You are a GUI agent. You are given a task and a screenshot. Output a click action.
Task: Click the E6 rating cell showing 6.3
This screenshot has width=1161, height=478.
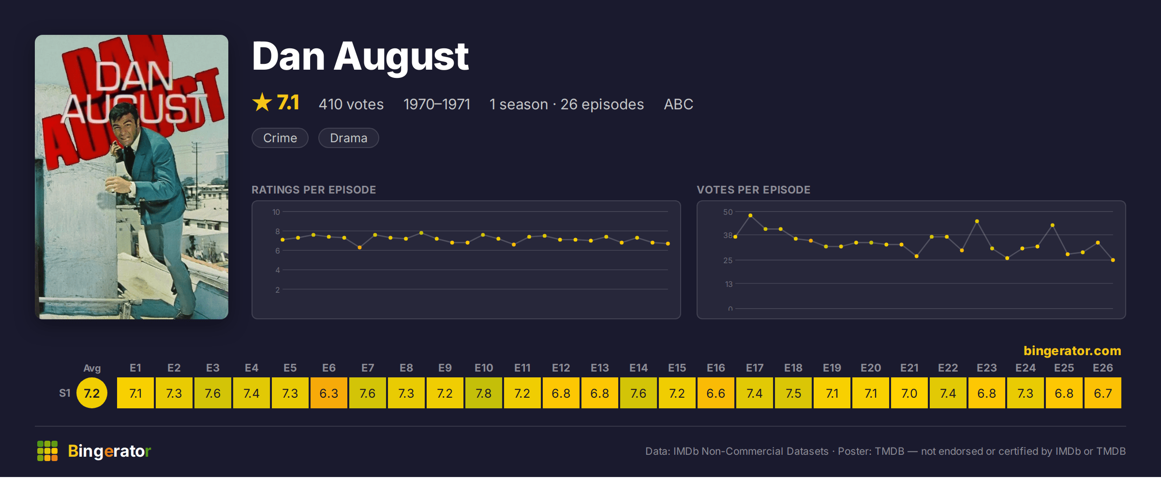pyautogui.click(x=329, y=393)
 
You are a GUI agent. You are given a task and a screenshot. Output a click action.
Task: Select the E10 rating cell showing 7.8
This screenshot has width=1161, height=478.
pyautogui.click(x=484, y=393)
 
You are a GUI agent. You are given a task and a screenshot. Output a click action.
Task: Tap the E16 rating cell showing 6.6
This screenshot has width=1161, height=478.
pyautogui.click(x=716, y=393)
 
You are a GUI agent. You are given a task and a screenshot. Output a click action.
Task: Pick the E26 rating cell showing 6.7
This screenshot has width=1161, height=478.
pyautogui.click(x=1103, y=393)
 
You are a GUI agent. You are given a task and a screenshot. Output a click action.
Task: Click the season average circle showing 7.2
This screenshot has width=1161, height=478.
pyautogui.click(x=92, y=393)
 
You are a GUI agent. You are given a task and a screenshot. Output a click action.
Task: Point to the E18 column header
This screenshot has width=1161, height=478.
pyautogui.click(x=793, y=368)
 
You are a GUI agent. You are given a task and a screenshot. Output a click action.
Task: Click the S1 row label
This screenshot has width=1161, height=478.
pyautogui.click(x=65, y=393)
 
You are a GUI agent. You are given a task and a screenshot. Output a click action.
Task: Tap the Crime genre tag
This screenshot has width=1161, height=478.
pyautogui.click(x=280, y=138)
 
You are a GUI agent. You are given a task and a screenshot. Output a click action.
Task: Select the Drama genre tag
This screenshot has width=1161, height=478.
pyautogui.click(x=349, y=138)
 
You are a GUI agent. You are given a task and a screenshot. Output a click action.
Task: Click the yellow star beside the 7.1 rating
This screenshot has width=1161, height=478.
pyautogui.click(x=262, y=102)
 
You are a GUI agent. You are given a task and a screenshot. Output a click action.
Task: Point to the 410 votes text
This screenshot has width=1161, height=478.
pyautogui.click(x=351, y=104)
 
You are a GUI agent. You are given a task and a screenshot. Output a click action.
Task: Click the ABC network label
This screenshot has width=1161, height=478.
pyautogui.click(x=678, y=104)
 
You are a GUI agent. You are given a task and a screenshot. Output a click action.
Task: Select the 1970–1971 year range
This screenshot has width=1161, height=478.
pyautogui.click(x=437, y=104)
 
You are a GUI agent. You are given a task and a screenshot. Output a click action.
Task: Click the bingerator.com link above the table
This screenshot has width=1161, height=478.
pyautogui.click(x=1072, y=351)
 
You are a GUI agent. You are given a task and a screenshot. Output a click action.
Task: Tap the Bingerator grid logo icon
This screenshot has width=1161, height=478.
pyautogui.click(x=47, y=451)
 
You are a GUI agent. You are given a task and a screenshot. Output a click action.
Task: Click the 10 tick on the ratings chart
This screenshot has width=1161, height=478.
pyautogui.click(x=276, y=212)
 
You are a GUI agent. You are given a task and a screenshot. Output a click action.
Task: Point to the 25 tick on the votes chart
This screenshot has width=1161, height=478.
pyautogui.click(x=728, y=260)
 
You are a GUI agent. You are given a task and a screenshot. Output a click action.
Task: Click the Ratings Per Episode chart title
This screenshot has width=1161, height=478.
pyautogui.click(x=314, y=190)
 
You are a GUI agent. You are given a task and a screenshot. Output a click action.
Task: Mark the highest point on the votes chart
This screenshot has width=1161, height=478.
pyautogui.click(x=750, y=215)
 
